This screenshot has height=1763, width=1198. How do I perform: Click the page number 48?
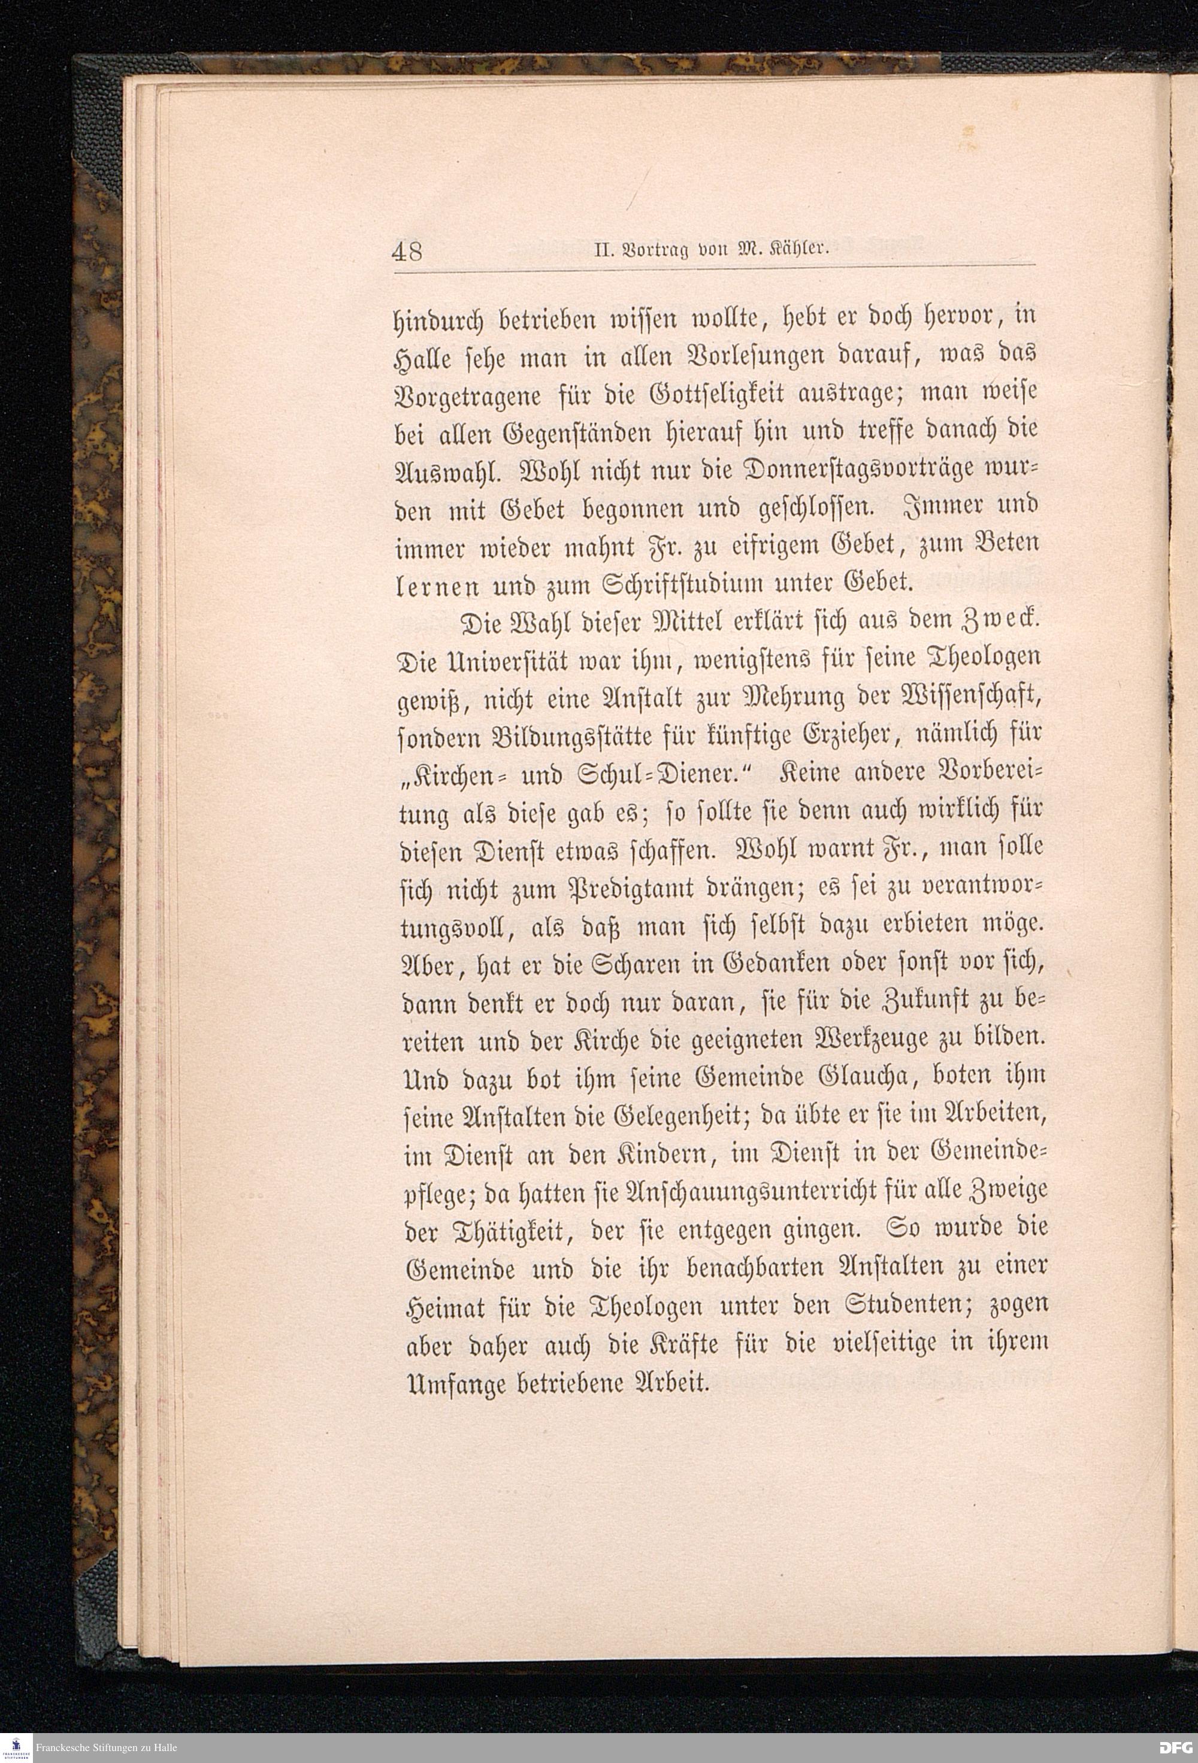pos(407,251)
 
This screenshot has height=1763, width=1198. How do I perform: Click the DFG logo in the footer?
pos(1177,1747)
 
